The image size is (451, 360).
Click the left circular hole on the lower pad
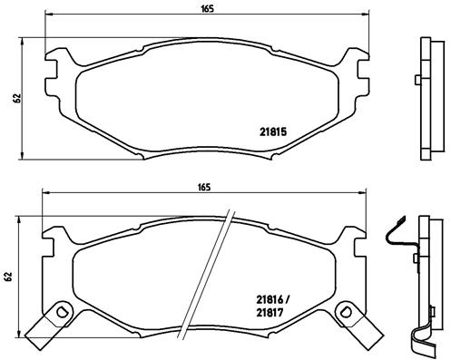pos(62,314)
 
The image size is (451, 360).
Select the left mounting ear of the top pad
pos(56,67)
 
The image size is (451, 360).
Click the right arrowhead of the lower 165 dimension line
pos(368,195)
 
